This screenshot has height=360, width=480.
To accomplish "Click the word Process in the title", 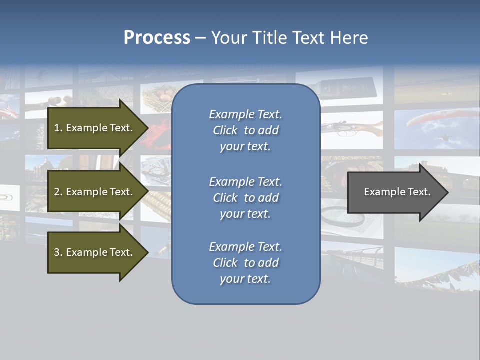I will point(157,38).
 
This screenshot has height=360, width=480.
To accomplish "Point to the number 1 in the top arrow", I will point(57,128).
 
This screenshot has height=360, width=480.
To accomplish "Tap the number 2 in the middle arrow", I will point(57,192).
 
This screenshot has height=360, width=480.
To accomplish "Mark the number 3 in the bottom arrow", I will point(57,252).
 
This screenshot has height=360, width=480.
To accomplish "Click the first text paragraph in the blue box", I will point(245,130).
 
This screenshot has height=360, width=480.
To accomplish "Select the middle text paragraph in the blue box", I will point(245,198).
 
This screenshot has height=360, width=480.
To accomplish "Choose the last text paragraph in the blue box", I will point(245,263).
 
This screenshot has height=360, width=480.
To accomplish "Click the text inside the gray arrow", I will point(397,192).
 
